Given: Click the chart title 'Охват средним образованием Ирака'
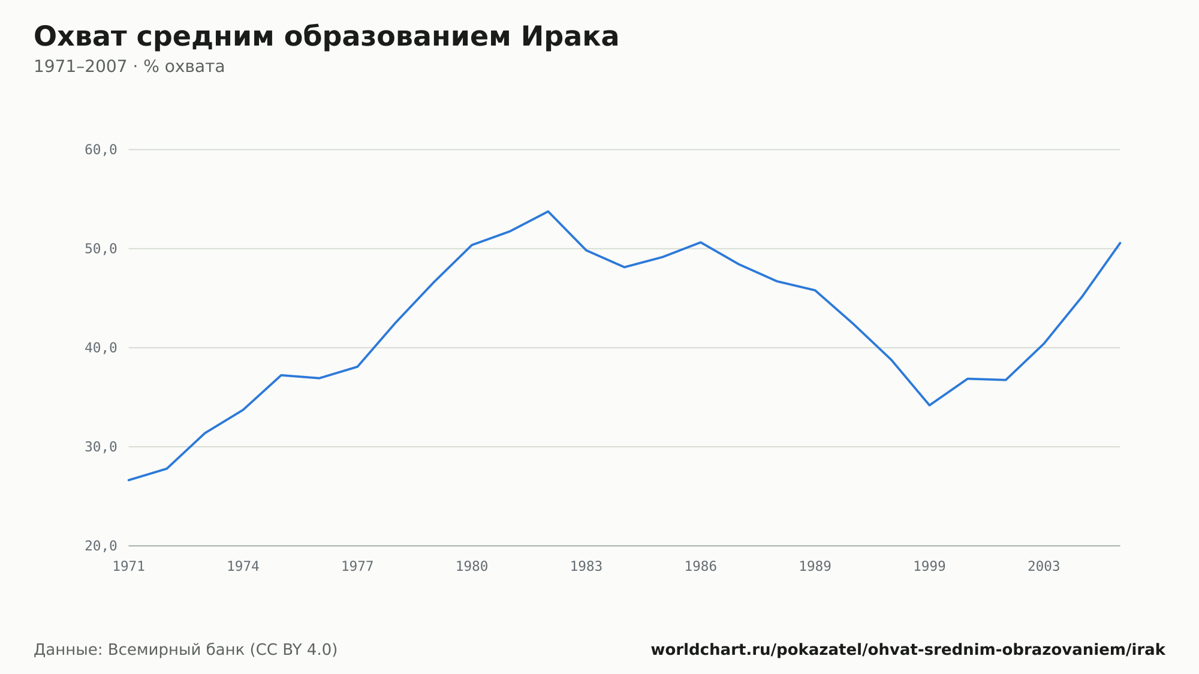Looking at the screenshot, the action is [x=326, y=37].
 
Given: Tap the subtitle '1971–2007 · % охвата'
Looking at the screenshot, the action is [x=129, y=67].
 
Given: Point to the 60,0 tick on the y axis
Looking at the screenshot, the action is [x=101, y=150].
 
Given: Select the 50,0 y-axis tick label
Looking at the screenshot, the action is [x=101, y=249].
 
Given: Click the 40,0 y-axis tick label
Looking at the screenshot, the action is [x=101, y=348].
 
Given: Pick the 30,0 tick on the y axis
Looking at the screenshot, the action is [x=101, y=447].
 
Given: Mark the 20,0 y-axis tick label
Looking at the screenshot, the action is [x=101, y=546].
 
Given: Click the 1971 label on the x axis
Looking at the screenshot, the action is [x=129, y=567].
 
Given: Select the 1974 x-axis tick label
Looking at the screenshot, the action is [x=243, y=567].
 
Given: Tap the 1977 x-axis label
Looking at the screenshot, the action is [x=357, y=567].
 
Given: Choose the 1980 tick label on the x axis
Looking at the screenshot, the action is [x=472, y=567].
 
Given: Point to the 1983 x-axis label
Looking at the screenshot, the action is [x=586, y=567].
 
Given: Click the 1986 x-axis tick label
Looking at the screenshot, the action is [x=701, y=567].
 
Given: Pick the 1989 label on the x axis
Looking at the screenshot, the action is [x=815, y=567].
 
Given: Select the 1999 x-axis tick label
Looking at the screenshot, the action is [x=930, y=567].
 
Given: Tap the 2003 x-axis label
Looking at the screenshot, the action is [x=1044, y=567].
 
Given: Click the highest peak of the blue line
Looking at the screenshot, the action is [x=548, y=211].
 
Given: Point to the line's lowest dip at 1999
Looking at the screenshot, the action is [x=929, y=405].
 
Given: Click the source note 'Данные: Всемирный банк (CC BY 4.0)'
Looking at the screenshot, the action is [x=186, y=650].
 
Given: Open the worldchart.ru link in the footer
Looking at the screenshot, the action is [x=908, y=650].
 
